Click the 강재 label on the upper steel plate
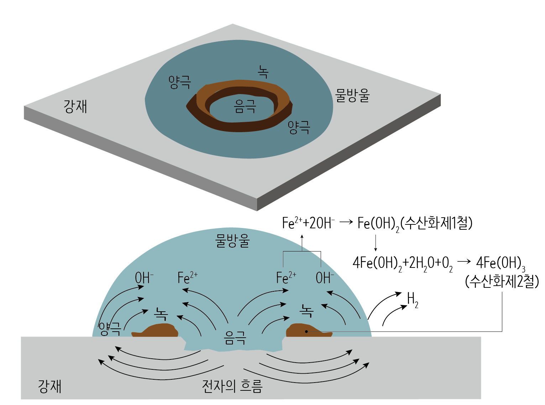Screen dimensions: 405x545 pyautogui.click(x=75, y=106)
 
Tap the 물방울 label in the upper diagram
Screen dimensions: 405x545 pyautogui.click(x=352, y=95)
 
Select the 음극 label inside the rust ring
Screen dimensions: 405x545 pyautogui.click(x=245, y=106)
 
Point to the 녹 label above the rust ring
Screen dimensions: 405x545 pyautogui.click(x=263, y=72)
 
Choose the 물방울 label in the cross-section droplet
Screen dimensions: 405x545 pyautogui.click(x=232, y=240)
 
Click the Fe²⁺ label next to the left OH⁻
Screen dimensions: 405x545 pyautogui.click(x=187, y=277)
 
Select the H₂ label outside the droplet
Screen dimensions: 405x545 pyautogui.click(x=413, y=300)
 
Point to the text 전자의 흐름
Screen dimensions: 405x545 pyautogui.click(x=232, y=386)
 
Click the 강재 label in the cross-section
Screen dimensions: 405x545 pyautogui.click(x=50, y=386)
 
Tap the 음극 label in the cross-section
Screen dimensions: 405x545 pyautogui.click(x=235, y=337)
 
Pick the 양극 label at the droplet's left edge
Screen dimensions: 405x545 pyautogui.click(x=110, y=328)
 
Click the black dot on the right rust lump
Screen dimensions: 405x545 pyautogui.click(x=306, y=332)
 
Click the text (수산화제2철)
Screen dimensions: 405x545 pyautogui.click(x=502, y=281)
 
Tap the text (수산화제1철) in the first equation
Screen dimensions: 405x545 pyautogui.click(x=436, y=223)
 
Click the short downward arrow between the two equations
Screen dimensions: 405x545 pyautogui.click(x=376, y=243)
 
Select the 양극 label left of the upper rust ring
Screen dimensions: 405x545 pyautogui.click(x=180, y=82)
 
